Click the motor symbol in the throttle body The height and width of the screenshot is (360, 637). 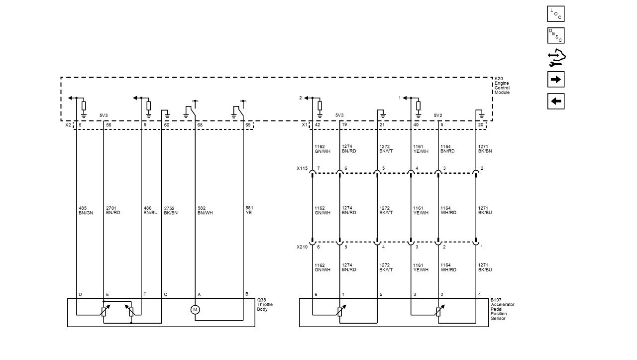tap(195, 310)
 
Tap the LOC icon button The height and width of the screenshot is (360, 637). tap(556, 13)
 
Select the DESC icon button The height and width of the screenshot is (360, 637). tap(556, 35)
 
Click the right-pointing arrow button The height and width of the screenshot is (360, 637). tap(556, 79)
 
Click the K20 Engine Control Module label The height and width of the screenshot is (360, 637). tap(502, 85)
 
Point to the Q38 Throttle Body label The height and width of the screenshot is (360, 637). tap(265, 305)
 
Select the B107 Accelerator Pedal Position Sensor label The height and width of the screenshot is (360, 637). tap(502, 309)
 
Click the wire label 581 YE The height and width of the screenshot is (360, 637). tap(249, 210)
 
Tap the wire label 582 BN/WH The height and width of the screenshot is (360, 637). tap(205, 211)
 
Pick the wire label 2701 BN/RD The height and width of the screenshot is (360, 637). tap(113, 211)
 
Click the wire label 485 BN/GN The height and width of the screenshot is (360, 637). tap(86, 211)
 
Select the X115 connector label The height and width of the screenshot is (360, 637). tap(302, 168)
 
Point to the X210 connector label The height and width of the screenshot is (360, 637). tap(302, 247)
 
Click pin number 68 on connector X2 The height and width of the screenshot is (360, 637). tap(200, 125)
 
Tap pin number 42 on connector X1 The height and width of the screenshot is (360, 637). tap(318, 124)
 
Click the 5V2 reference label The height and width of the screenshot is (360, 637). tap(438, 116)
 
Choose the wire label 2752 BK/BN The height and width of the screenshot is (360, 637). tap(171, 211)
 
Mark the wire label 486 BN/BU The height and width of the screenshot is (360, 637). tap(150, 211)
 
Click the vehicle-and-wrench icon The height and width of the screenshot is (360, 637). tap(556, 58)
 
